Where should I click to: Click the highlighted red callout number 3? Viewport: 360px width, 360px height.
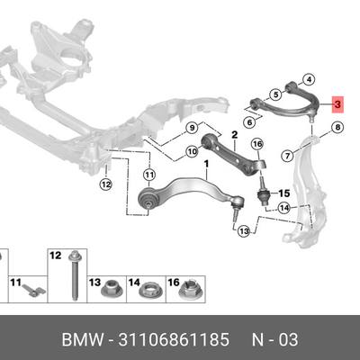click(x=338, y=104)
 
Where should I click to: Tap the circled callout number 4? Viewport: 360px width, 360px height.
click(x=310, y=79)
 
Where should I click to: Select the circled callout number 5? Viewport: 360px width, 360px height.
click(x=275, y=94)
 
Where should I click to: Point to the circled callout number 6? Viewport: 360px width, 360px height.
click(x=249, y=122)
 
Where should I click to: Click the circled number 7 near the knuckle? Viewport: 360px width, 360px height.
click(x=288, y=156)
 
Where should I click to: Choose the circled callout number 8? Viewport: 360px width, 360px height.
click(x=337, y=128)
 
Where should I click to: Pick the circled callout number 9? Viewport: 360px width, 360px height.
click(x=192, y=128)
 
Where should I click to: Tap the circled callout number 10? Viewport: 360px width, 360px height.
click(x=192, y=151)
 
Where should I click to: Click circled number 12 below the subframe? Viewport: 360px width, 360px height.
click(x=106, y=184)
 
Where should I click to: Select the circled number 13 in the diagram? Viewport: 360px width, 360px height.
click(x=244, y=231)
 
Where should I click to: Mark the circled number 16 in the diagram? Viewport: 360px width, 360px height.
click(x=257, y=145)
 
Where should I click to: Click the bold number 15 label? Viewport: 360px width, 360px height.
click(x=284, y=193)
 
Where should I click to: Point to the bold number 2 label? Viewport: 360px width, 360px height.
click(x=234, y=135)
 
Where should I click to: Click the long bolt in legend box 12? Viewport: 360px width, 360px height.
click(x=73, y=275)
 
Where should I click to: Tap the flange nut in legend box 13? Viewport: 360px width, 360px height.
click(x=109, y=289)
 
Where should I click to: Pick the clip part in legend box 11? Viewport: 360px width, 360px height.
click(x=33, y=290)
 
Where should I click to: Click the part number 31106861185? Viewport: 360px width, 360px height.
click(x=174, y=339)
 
